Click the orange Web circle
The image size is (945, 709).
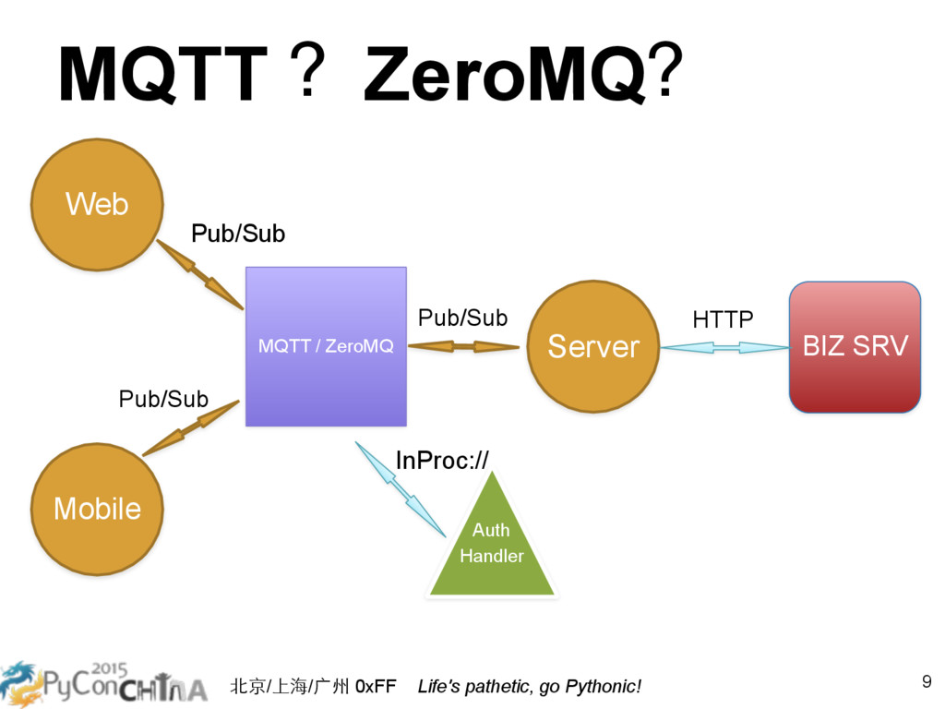(x=97, y=204)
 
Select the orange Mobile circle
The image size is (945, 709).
(x=97, y=509)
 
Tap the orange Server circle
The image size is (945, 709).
(x=593, y=347)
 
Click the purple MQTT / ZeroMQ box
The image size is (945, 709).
(x=326, y=347)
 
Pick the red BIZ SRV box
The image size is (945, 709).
(x=855, y=347)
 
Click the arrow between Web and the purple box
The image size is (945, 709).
(x=200, y=275)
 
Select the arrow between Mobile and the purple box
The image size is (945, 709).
(x=190, y=428)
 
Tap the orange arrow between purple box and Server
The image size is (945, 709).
(x=463, y=347)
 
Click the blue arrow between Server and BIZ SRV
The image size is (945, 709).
(x=725, y=347)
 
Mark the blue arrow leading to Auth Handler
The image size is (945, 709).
(x=401, y=489)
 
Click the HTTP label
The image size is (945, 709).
(x=723, y=319)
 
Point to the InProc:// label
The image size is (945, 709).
(x=442, y=461)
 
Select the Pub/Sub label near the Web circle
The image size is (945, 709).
(x=238, y=234)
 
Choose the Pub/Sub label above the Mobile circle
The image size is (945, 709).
(x=163, y=399)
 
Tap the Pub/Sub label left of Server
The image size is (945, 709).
(x=463, y=318)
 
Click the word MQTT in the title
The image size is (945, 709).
(x=162, y=74)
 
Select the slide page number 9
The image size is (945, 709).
(x=927, y=681)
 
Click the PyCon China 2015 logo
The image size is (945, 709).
(x=103, y=684)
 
